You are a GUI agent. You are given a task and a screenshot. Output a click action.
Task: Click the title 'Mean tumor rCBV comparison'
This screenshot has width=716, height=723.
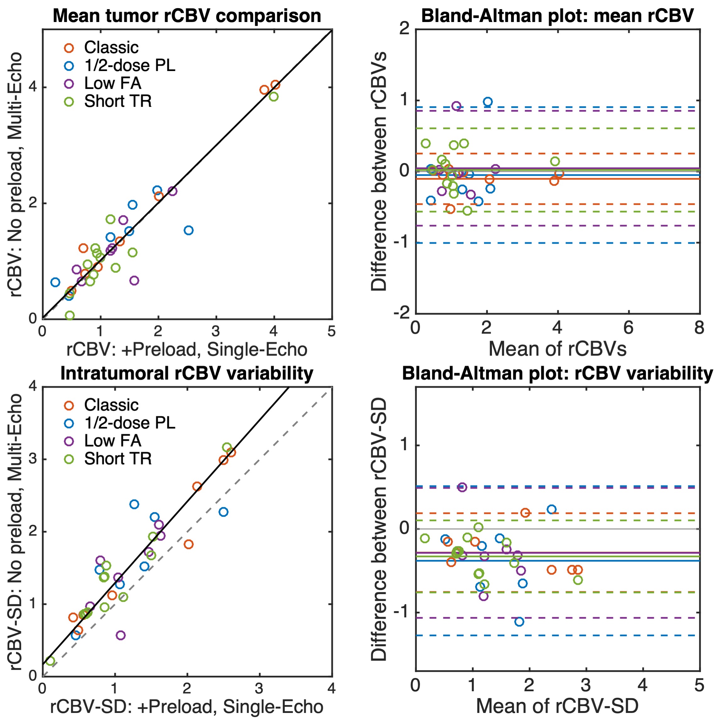(187, 16)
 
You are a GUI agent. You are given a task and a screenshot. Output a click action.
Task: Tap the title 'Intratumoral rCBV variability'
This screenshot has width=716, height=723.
(187, 373)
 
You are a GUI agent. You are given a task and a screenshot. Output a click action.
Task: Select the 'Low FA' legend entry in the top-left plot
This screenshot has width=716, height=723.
(113, 83)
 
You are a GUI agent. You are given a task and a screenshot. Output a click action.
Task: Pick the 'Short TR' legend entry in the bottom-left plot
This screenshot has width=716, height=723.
(118, 458)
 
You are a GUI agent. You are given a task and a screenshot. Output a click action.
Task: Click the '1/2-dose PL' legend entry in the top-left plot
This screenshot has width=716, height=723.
(129, 65)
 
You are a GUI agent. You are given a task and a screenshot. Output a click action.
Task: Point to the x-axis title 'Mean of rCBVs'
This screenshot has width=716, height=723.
(557, 349)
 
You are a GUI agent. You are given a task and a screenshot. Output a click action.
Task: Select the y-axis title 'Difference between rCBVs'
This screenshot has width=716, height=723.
(378, 171)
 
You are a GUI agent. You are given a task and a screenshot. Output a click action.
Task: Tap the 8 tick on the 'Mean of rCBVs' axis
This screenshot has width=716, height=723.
(699, 328)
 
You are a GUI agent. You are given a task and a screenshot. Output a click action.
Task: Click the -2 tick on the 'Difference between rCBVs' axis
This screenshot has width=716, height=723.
(402, 312)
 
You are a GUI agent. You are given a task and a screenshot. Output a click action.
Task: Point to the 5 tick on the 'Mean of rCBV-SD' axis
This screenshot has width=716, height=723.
(699, 686)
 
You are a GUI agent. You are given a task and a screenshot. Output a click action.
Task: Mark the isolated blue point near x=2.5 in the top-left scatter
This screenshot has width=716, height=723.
(189, 230)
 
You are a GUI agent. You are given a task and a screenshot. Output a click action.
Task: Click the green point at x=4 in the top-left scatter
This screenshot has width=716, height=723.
(273, 97)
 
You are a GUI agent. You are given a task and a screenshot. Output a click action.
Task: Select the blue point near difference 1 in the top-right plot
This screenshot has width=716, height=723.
(487, 102)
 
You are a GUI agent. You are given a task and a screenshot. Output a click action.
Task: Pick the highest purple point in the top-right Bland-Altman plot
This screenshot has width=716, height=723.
(456, 106)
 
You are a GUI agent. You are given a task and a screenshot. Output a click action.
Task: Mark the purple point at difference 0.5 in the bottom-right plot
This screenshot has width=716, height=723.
(462, 487)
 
